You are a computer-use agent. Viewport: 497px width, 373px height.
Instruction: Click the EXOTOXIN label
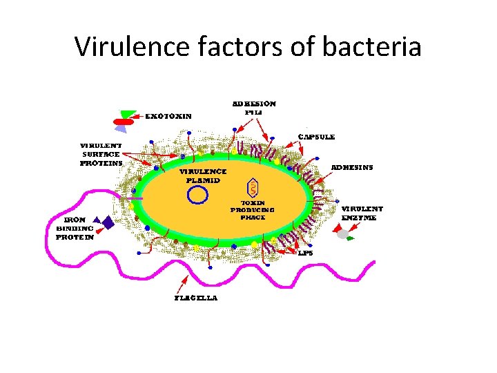click(x=168, y=116)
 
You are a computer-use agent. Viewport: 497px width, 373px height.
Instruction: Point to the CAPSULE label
click(x=316, y=137)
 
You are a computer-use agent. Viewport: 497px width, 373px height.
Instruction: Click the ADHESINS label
click(x=352, y=167)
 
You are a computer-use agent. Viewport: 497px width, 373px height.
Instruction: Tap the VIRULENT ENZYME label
click(x=362, y=212)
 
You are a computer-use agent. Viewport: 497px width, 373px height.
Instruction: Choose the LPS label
click(x=306, y=253)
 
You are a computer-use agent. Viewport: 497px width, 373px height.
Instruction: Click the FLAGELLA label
click(x=195, y=298)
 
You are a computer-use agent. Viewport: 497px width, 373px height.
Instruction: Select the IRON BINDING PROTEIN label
click(x=75, y=228)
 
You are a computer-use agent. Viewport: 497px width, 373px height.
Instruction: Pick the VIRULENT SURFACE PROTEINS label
click(x=101, y=155)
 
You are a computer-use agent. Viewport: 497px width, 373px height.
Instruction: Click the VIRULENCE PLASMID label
click(x=202, y=175)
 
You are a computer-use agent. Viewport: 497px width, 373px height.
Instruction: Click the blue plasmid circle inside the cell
click(x=198, y=196)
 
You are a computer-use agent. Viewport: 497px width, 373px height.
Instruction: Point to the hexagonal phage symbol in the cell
click(x=253, y=187)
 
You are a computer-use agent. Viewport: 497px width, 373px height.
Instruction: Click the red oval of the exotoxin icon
click(x=123, y=122)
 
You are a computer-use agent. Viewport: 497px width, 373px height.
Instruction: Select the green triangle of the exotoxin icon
click(x=128, y=114)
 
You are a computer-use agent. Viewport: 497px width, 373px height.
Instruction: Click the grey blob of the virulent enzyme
click(x=343, y=234)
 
